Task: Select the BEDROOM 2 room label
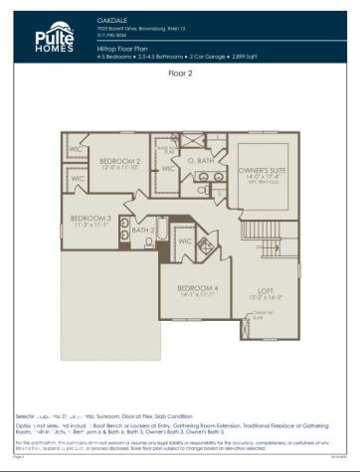[x=119, y=161]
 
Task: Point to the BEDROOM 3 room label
[x=90, y=218]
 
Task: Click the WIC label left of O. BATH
[x=168, y=169]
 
